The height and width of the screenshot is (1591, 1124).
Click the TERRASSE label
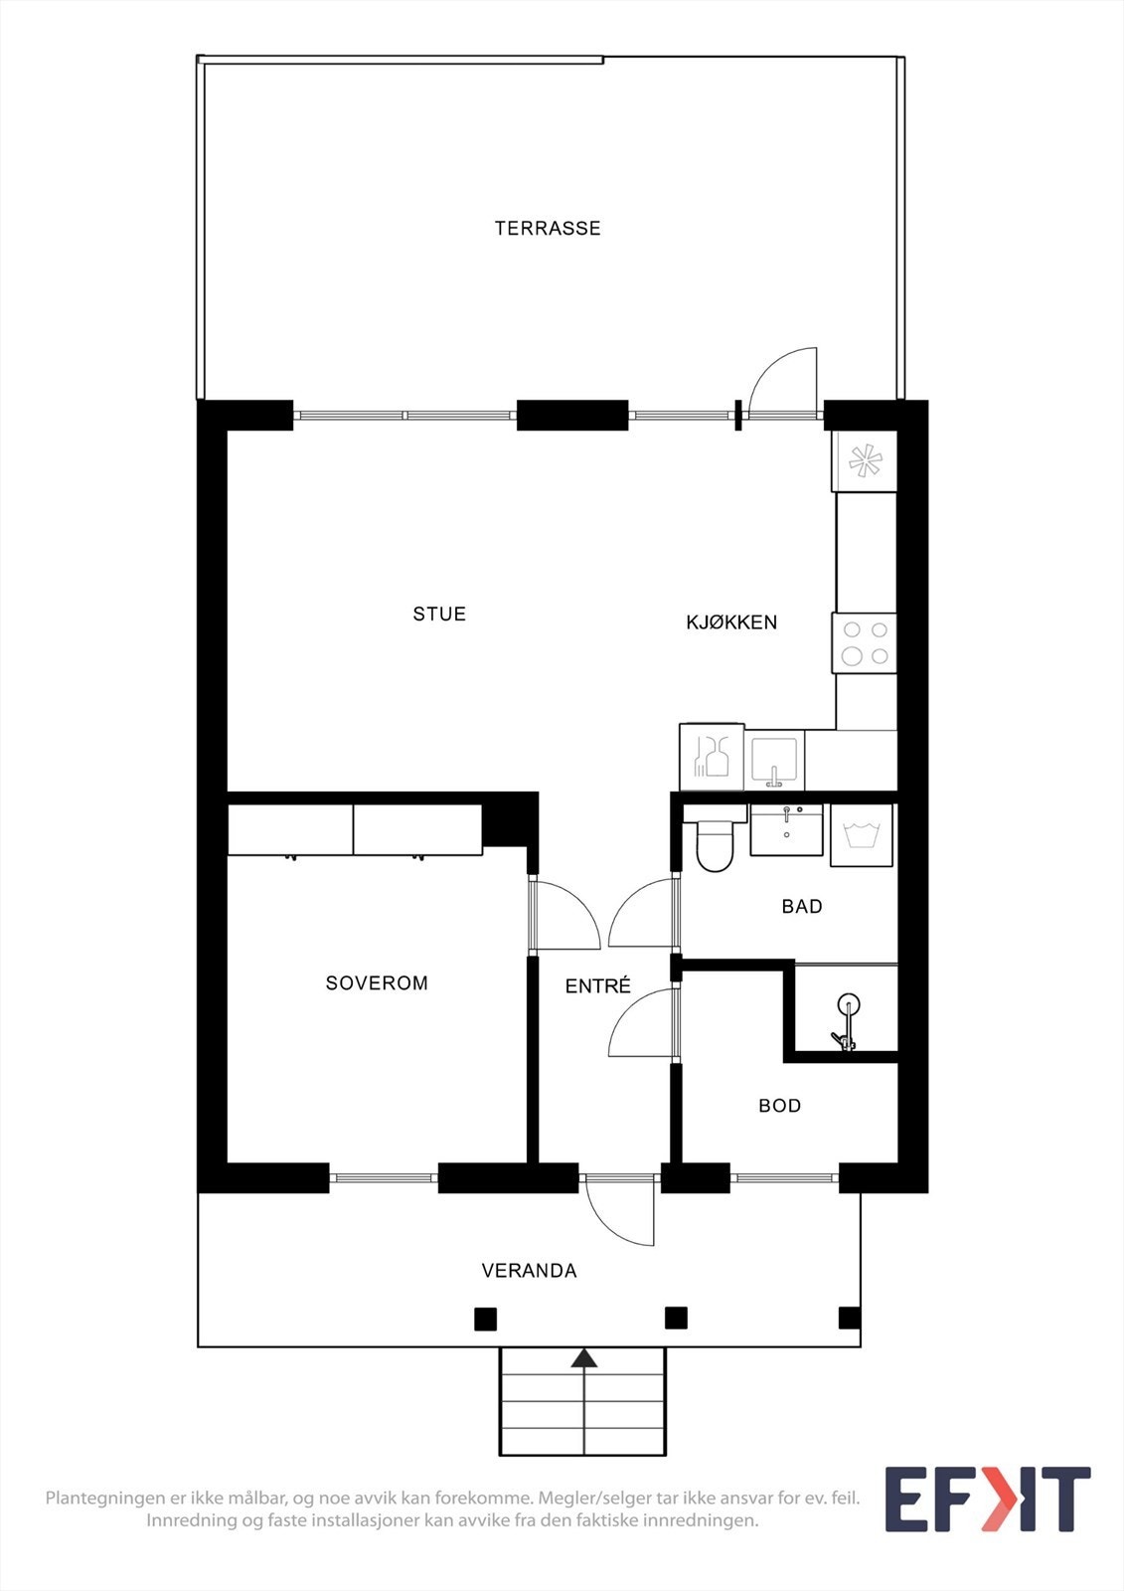click(x=548, y=228)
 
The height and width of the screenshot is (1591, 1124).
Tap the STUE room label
click(x=439, y=614)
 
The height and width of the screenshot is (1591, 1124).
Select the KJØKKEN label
click(x=731, y=622)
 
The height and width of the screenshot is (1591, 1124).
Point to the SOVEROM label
click(x=377, y=982)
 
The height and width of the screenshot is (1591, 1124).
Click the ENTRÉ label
click(x=597, y=986)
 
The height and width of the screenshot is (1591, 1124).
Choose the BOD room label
click(x=779, y=1106)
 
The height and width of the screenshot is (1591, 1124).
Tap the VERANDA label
click(x=529, y=1271)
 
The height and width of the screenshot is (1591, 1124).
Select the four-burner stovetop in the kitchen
click(x=865, y=642)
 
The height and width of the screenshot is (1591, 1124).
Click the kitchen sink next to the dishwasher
click(x=774, y=761)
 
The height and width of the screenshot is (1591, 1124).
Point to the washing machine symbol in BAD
click(x=862, y=834)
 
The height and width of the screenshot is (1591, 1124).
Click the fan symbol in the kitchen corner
click(x=865, y=460)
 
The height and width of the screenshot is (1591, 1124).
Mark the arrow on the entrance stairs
click(x=583, y=1358)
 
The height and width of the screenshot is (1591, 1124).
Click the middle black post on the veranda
click(x=676, y=1319)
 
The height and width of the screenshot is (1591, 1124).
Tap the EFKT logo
click(x=987, y=1499)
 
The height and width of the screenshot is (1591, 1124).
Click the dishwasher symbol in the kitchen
click(x=712, y=758)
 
